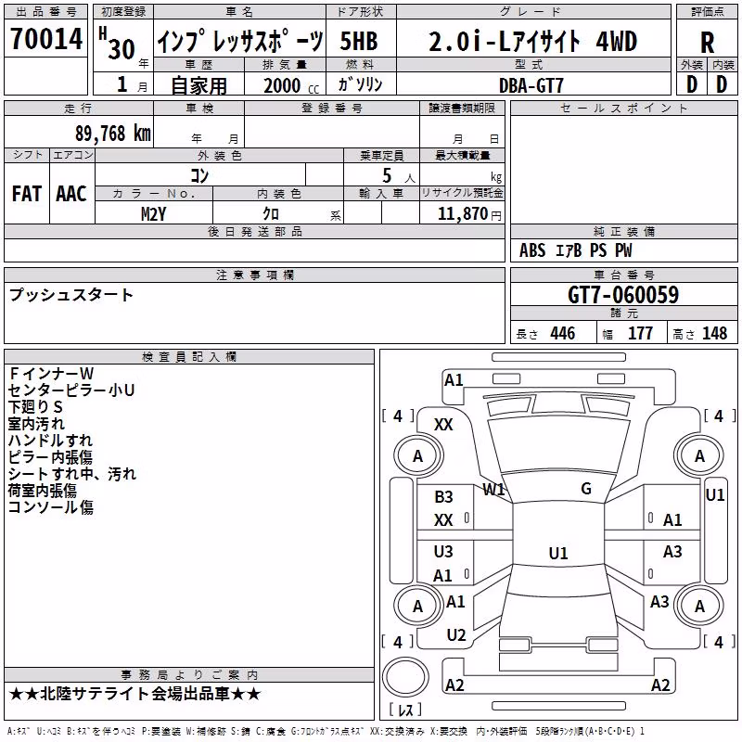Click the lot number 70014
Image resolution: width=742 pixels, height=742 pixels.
point(46,39)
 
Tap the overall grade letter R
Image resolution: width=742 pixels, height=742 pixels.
point(707,43)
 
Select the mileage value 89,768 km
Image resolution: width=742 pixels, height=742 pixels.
point(113,134)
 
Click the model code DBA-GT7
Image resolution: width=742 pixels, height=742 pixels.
point(531,85)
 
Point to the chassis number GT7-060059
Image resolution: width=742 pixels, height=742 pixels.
point(623,295)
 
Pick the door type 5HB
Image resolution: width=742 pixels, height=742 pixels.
point(359,41)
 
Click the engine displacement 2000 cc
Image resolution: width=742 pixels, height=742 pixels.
point(291,85)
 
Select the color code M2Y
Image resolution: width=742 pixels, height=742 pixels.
point(153,214)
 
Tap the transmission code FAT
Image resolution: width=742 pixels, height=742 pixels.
point(27,194)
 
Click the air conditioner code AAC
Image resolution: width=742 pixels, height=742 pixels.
point(71,194)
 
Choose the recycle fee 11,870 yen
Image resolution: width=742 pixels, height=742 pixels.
point(469,214)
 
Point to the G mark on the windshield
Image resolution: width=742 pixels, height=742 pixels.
point(586,489)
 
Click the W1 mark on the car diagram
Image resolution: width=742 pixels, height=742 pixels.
point(493,490)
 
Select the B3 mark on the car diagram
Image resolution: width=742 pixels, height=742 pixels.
point(443,497)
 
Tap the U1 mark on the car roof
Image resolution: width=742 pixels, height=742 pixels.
point(558,553)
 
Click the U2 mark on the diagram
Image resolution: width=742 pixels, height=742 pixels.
point(456,635)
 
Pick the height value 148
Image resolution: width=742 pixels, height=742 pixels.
point(714,333)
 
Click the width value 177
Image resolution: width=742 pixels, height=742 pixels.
point(640,333)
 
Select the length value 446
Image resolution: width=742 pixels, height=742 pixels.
point(563,333)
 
